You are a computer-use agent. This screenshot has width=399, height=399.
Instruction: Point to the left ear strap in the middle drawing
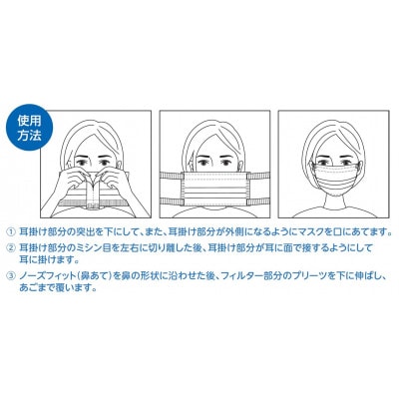(x=170, y=189)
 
